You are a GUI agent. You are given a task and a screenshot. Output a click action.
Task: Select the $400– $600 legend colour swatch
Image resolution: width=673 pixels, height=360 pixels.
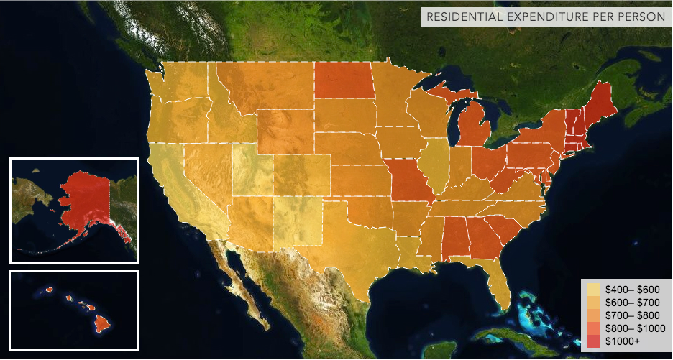coord(593,288)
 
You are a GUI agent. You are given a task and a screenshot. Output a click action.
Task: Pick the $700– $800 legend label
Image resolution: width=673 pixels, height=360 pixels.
coord(630,315)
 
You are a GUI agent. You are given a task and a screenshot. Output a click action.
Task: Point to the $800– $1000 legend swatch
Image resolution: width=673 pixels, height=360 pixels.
coord(593,328)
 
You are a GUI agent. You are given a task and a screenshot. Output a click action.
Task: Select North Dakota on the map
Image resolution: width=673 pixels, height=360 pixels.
coord(344,80)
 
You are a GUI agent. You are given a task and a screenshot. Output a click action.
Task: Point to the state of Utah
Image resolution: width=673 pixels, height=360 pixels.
coord(252,172)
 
